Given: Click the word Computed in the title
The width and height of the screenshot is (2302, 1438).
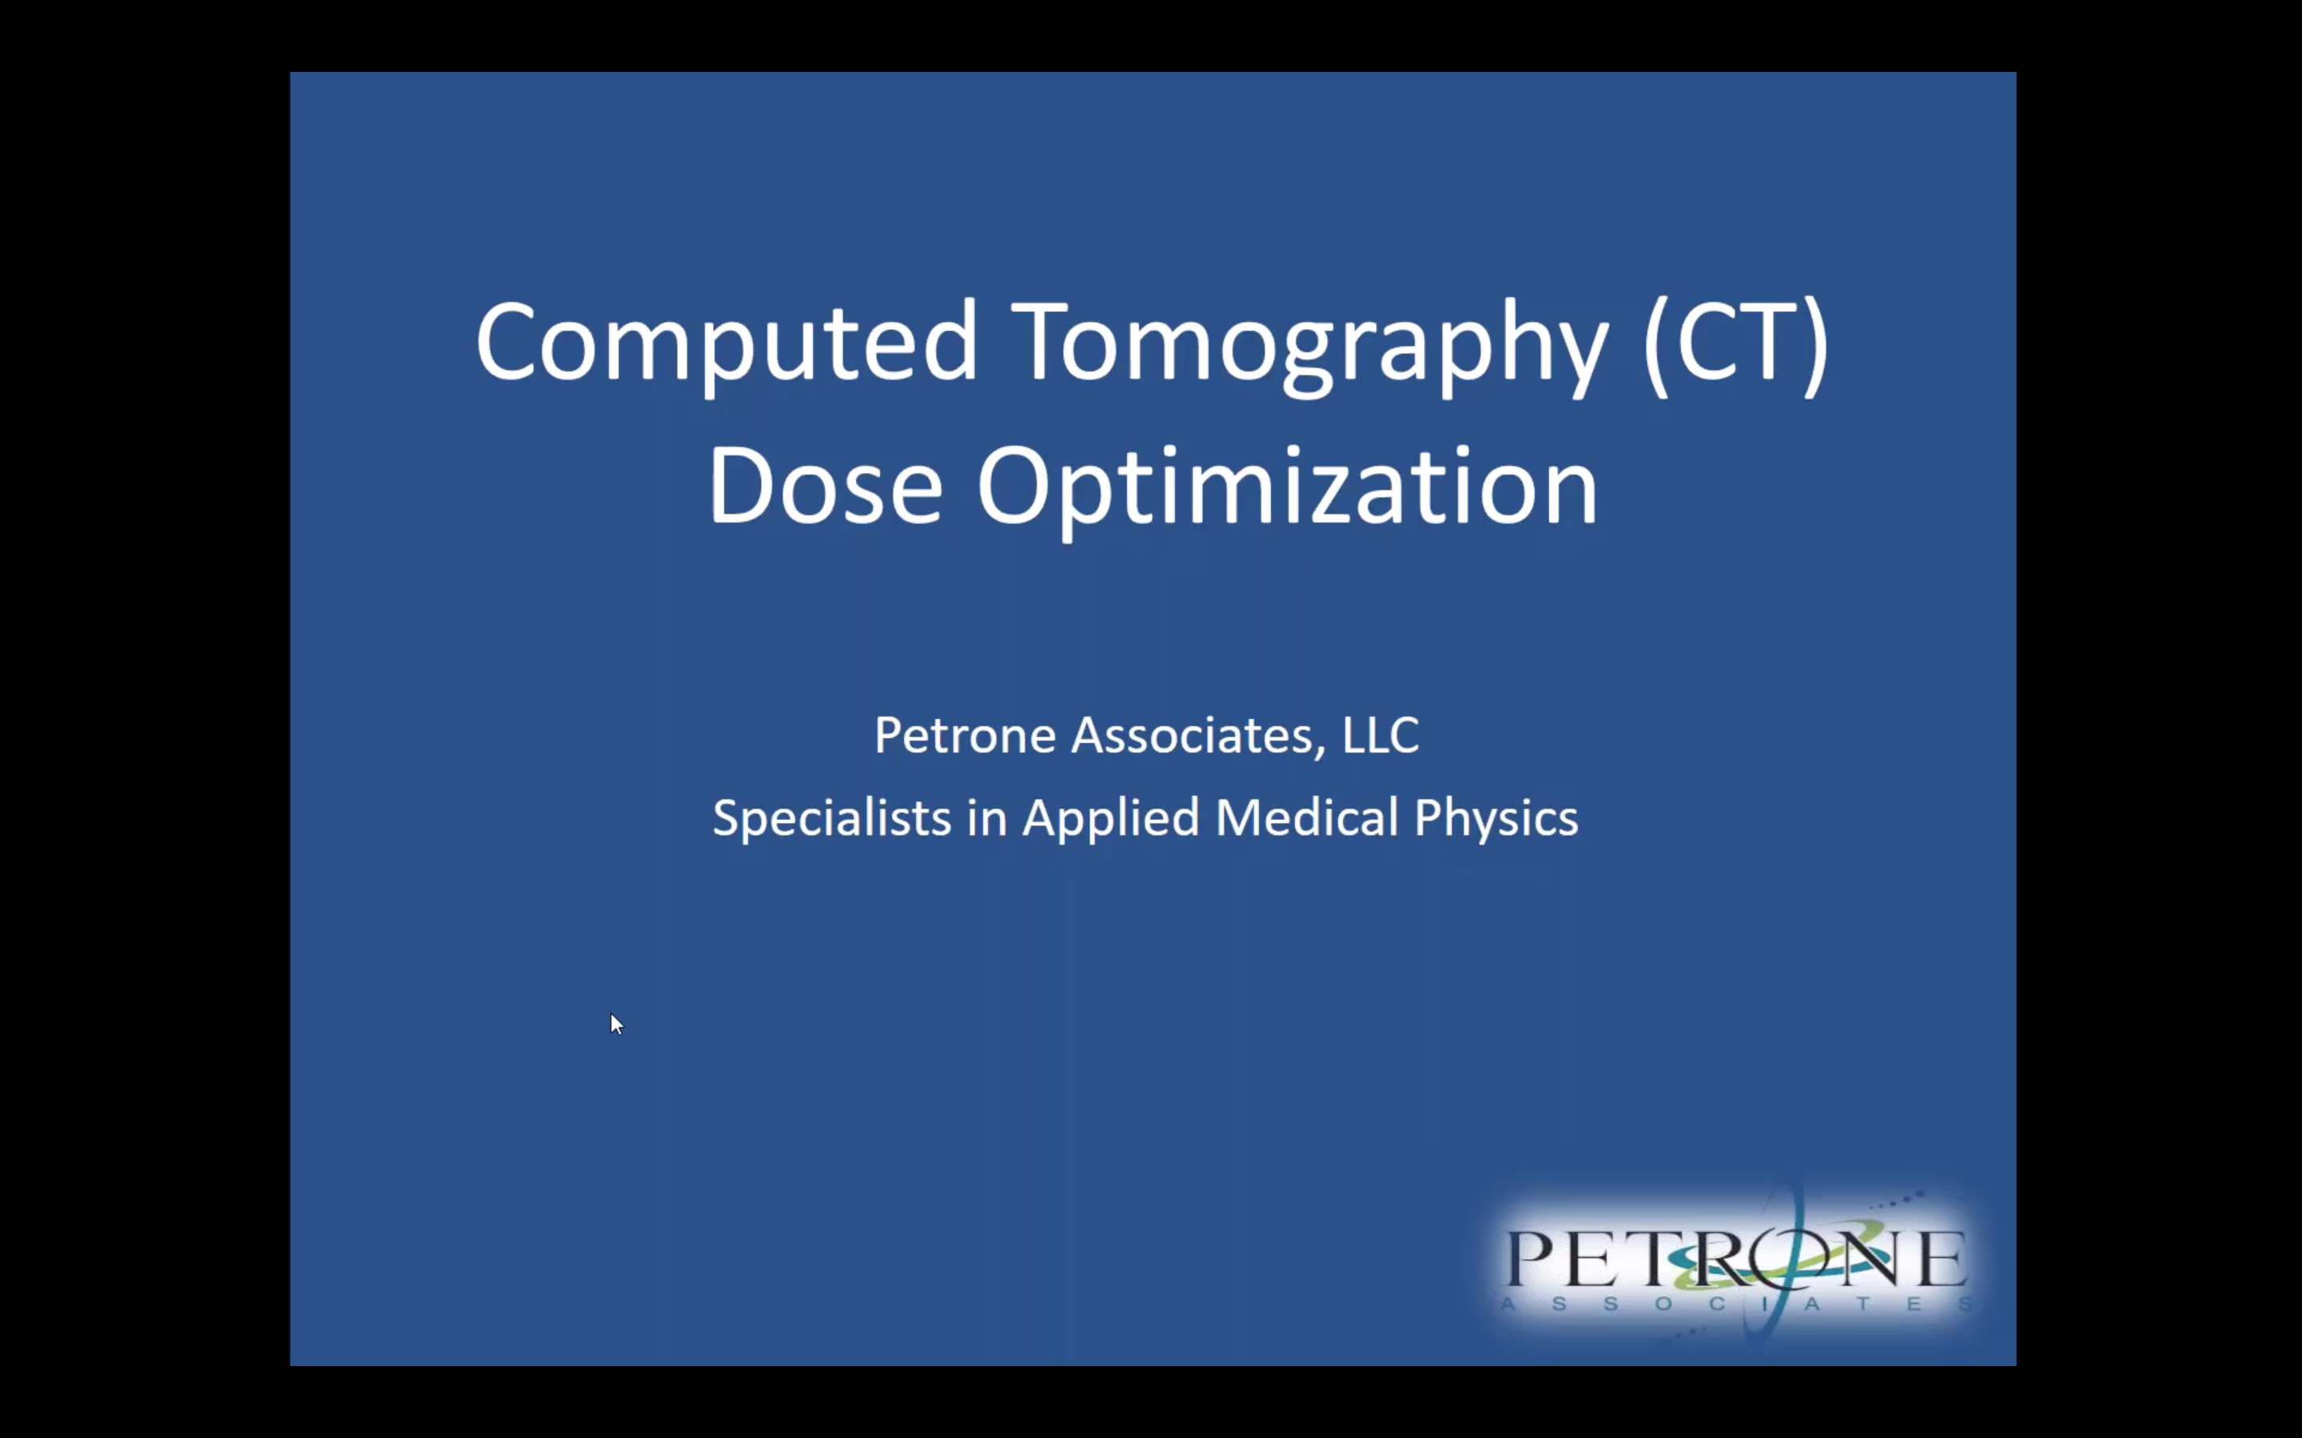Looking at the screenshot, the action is tap(727, 344).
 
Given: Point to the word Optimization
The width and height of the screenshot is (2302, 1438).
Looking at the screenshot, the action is tap(1287, 491).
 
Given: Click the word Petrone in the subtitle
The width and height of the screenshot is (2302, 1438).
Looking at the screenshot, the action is tap(965, 735).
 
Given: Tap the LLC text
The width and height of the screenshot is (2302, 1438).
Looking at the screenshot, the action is tap(1380, 735).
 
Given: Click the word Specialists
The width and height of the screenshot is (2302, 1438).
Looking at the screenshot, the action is tap(832, 819).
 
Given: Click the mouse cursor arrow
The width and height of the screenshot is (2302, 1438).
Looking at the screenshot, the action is tap(616, 1024).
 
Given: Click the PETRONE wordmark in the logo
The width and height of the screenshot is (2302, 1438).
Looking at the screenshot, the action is tap(1737, 1257).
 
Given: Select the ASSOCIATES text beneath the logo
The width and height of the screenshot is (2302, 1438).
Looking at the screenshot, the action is tap(1737, 1304).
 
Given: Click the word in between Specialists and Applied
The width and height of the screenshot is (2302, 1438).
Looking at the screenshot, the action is tap(986, 818).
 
